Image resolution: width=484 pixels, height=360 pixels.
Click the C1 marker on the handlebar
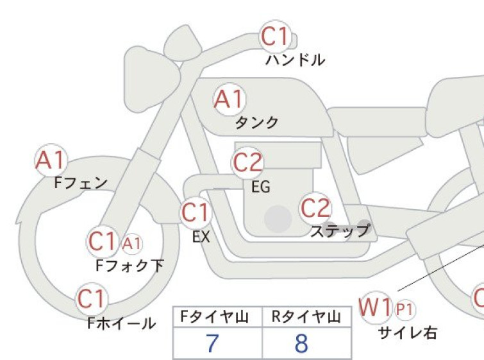click(276, 37)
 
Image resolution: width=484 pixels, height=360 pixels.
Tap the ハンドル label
click(295, 60)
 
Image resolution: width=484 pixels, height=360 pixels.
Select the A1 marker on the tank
click(229, 99)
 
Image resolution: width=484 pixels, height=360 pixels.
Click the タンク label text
click(256, 123)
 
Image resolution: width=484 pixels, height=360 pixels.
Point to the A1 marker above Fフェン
click(51, 160)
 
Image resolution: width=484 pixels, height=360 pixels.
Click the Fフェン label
click(81, 183)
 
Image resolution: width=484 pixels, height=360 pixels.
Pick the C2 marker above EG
click(247, 162)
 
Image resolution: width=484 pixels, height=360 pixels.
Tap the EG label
click(261, 187)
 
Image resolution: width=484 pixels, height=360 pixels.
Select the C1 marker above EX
click(196, 212)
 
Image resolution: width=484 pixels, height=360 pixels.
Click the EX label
click(201, 237)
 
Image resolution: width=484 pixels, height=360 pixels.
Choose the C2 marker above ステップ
click(315, 208)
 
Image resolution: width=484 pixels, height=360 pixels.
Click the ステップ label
click(340, 230)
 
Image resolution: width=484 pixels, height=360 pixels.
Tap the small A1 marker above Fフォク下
click(132, 244)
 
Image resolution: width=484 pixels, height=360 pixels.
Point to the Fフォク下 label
click(129, 266)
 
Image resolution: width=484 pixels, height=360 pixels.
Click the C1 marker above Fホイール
click(92, 299)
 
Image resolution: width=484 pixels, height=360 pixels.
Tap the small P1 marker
click(405, 309)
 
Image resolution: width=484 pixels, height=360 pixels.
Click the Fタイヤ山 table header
click(214, 317)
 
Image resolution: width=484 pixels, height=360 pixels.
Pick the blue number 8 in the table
click(301, 343)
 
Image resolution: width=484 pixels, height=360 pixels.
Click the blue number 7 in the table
click(212, 343)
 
